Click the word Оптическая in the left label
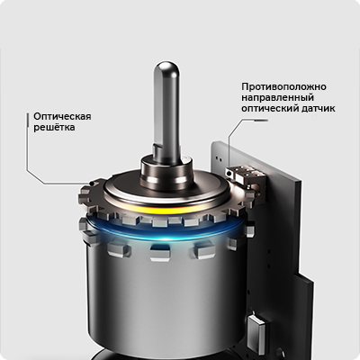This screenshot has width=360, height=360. (62, 116)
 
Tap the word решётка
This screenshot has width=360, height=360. (54, 127)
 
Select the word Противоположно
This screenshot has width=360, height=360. (283, 87)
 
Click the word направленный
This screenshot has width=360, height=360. (277, 97)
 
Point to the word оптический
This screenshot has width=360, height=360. (269, 108)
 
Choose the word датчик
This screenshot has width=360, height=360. (317, 108)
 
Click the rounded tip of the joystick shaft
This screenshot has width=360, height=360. (166, 68)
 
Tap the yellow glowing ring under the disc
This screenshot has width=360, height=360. (166, 209)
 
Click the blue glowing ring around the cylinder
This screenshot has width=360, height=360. (166, 231)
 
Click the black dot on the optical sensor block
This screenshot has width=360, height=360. (229, 173)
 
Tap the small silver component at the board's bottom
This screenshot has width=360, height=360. (257, 329)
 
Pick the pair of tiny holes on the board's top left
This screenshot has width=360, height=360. (220, 157)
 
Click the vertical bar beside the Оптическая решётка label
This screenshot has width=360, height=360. (27, 122)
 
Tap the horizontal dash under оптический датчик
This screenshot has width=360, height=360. (261, 121)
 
